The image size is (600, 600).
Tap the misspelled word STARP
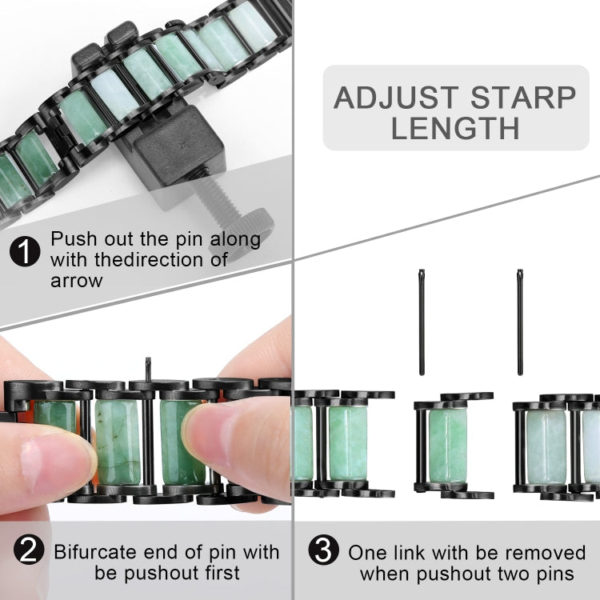click(x=523, y=98)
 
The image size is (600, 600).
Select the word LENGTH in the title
click(x=455, y=129)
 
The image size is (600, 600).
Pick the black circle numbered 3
click(x=323, y=551)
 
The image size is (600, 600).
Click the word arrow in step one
click(x=78, y=281)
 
